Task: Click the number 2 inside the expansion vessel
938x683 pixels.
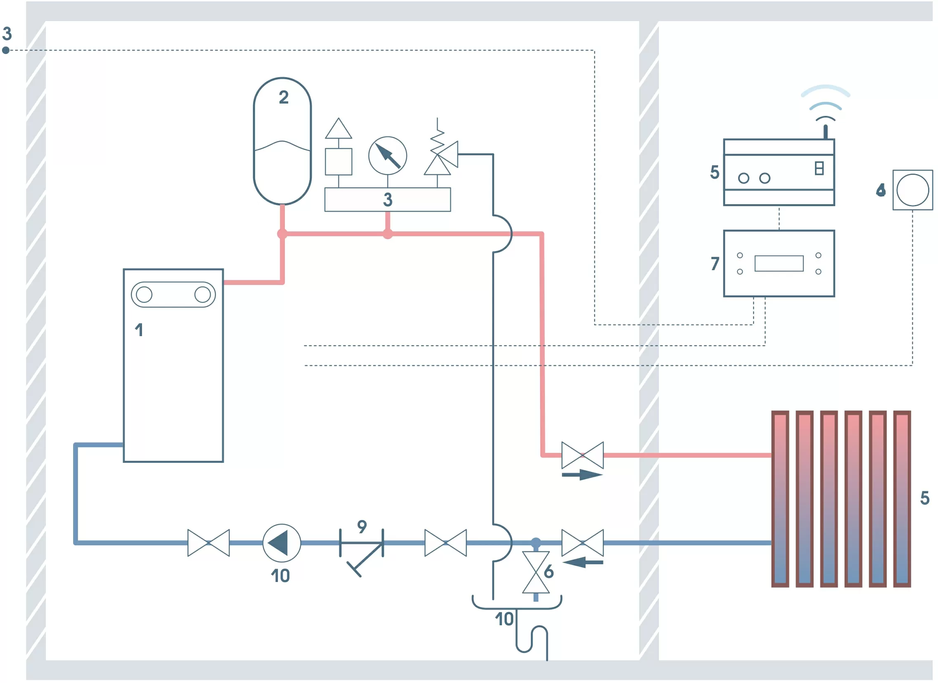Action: click(x=284, y=98)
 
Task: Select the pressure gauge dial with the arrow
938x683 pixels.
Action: click(x=388, y=156)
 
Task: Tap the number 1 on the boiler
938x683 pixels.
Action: click(x=139, y=330)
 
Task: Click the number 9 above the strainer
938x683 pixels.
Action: click(x=362, y=526)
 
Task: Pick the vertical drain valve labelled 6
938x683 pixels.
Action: click(x=536, y=572)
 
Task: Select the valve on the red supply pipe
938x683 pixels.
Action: click(x=583, y=455)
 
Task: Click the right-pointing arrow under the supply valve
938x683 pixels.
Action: click(x=582, y=475)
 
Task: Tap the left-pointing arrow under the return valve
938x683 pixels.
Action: click(x=583, y=562)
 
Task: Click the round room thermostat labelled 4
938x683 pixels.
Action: click(x=912, y=190)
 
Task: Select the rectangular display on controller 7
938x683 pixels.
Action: click(x=779, y=264)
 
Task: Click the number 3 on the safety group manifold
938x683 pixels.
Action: click(x=388, y=200)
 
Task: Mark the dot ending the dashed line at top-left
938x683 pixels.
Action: click(x=6, y=50)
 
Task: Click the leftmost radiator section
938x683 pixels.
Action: click(x=780, y=499)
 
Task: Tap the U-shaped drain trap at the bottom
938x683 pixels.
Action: click(x=532, y=639)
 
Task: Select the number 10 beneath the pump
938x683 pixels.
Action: click(x=280, y=576)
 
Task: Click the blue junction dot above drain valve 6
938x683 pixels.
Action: click(x=536, y=542)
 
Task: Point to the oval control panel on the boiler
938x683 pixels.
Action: click(x=173, y=295)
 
